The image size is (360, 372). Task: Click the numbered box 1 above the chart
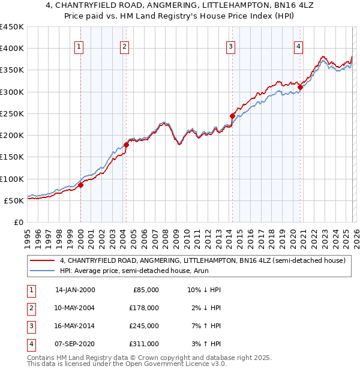[x=80, y=48]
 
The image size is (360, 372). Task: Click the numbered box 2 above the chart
[x=124, y=48]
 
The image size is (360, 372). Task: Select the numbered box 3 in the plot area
[x=230, y=48]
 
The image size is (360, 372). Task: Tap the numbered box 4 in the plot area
[x=298, y=48]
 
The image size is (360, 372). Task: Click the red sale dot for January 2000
[x=80, y=185]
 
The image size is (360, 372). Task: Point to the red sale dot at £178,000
[x=126, y=145]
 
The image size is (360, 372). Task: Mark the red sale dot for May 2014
[x=232, y=116]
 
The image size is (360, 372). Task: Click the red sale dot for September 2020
[x=300, y=87]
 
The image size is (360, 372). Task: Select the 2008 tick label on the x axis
[x=166, y=236]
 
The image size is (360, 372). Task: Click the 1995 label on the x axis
[x=28, y=236]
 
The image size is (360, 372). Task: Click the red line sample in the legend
[x=42, y=261]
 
